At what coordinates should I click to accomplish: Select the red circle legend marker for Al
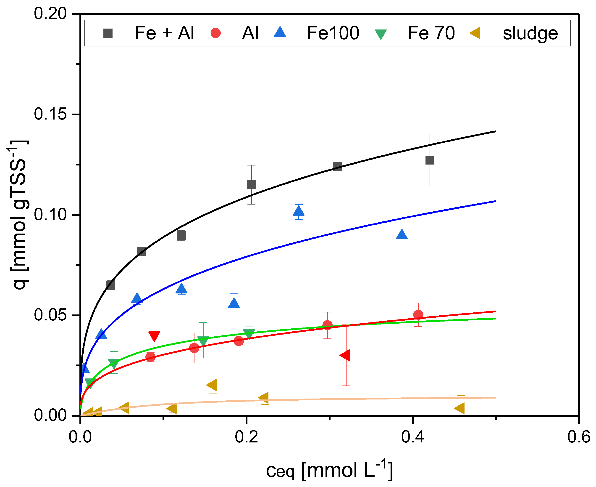coord(215,33)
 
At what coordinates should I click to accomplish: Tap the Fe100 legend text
coord(333,33)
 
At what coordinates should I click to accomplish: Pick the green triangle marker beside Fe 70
coord(381,34)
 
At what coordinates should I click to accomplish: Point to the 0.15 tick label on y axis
coord(50,114)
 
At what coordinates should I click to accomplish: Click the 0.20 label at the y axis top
coord(50,13)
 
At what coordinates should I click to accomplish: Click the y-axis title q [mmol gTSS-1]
coord(19,214)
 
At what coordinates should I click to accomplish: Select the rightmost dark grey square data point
coord(430,160)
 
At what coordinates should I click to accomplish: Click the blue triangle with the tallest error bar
coord(402,234)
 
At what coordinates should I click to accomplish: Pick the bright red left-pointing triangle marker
coord(345,355)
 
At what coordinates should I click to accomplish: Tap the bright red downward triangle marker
coord(154,336)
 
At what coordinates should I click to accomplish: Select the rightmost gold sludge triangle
coord(459,408)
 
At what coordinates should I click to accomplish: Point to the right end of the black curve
coord(495,131)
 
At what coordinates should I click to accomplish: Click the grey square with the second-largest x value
coord(338,166)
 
